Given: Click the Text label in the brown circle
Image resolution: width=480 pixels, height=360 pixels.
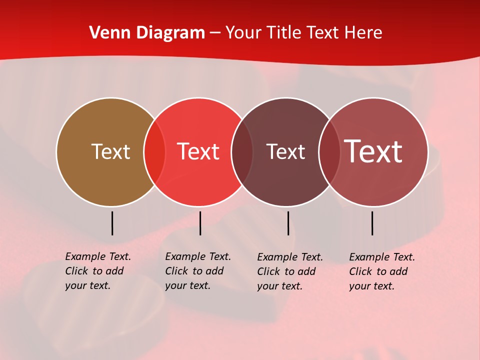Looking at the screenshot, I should [110, 151].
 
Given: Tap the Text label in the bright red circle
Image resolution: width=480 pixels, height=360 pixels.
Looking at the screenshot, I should [198, 151].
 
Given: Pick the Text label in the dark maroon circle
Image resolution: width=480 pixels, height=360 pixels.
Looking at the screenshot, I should [286, 151].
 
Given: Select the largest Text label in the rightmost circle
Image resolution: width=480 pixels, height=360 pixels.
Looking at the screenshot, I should [373, 151].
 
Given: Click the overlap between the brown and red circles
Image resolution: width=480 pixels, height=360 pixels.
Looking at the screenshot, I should [154, 152].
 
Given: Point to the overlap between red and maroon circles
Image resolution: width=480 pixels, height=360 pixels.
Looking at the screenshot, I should [242, 152].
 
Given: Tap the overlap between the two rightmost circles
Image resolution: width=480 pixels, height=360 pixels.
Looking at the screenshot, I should [329, 152].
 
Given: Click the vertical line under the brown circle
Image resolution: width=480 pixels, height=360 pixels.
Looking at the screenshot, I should [112, 223].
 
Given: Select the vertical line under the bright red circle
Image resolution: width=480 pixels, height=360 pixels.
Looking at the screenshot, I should [200, 223].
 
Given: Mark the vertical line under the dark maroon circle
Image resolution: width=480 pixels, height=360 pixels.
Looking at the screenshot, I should [288, 223].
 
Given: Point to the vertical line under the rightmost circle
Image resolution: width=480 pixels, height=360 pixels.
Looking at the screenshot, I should [372, 223].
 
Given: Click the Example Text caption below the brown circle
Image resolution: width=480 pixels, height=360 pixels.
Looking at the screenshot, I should [97, 271].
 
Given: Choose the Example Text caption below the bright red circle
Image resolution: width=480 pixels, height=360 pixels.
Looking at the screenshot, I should [197, 271].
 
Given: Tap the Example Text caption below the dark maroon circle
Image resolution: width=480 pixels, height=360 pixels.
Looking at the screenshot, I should [289, 271].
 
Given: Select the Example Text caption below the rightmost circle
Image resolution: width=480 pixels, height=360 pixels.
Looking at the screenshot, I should [381, 271].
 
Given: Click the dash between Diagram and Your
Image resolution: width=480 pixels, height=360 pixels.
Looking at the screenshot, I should [215, 33].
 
